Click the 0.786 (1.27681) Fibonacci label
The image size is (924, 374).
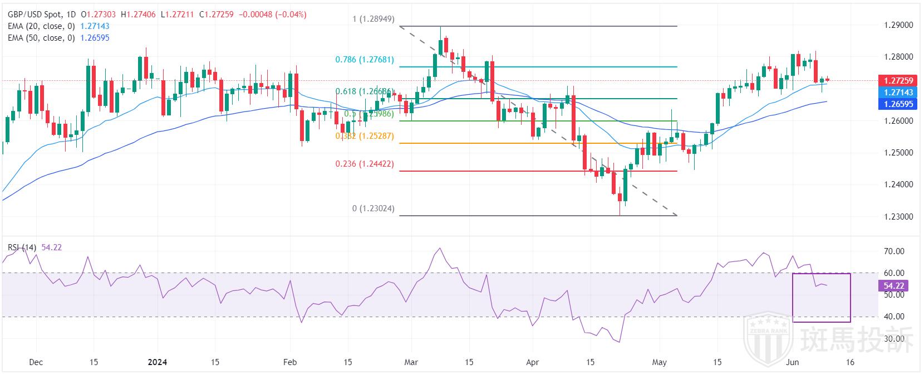[x=365, y=60]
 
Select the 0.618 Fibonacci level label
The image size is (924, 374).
[x=365, y=91]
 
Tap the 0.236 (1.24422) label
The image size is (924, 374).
[x=365, y=164]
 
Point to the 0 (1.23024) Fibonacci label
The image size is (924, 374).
[x=373, y=208]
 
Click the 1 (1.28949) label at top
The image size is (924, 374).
[x=373, y=19]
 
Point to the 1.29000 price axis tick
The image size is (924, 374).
[x=898, y=26]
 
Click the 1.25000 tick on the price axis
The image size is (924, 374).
[x=898, y=153]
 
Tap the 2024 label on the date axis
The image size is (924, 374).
[x=158, y=362]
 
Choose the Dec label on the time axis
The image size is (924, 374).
[x=36, y=362]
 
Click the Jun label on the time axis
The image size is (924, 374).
[x=793, y=362]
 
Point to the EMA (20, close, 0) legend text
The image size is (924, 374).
[x=41, y=26]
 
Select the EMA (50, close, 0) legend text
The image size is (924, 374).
[x=41, y=38]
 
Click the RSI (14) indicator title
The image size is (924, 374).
[x=22, y=247]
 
